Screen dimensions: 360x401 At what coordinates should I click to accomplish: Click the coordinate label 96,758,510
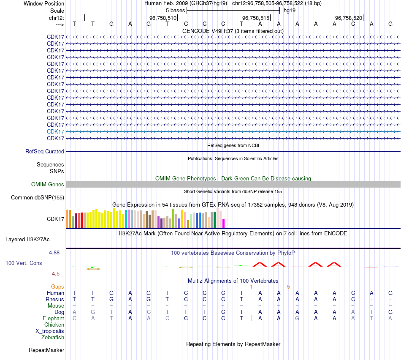(163, 18)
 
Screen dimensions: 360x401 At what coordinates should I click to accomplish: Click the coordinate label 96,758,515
(256, 18)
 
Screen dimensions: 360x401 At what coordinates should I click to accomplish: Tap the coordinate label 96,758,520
(349, 18)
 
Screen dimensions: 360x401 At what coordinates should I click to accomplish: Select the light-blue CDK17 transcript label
(56, 131)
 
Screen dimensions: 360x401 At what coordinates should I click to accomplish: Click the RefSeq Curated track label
(45, 151)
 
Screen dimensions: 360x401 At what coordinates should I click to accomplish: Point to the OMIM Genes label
(48, 184)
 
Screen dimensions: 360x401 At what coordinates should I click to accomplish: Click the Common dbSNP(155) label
(38, 197)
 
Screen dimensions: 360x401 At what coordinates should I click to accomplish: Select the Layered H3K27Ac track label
(27, 239)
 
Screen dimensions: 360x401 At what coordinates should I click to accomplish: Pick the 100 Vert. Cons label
(24, 263)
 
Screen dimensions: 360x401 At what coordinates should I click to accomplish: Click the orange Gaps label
(57, 286)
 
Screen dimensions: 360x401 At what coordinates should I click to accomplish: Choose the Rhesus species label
(55, 299)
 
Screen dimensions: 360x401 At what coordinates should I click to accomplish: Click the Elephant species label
(53, 318)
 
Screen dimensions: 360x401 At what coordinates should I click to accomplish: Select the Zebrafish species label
(53, 337)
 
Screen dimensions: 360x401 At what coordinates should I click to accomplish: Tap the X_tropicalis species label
(50, 331)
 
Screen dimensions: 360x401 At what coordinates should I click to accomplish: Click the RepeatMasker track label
(46, 350)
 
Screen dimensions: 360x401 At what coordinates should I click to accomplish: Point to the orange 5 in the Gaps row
(289, 286)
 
